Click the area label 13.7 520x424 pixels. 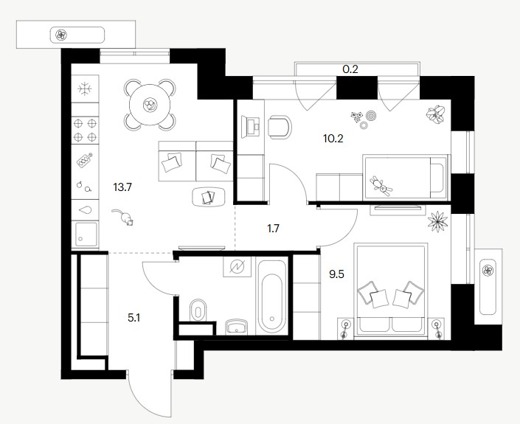(122, 187)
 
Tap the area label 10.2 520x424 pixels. (333, 139)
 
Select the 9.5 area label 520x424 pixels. (336, 274)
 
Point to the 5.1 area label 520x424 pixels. (134, 319)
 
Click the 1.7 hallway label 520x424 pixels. (273, 229)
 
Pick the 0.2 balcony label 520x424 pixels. (350, 69)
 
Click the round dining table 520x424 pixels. (150, 105)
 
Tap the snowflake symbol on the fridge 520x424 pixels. (85, 88)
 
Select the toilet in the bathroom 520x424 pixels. (198, 310)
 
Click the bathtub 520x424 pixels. (272, 296)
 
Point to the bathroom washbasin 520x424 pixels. (236, 326)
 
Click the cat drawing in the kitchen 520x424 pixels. (123, 218)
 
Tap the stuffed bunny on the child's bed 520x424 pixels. (381, 185)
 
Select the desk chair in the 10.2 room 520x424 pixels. (280, 127)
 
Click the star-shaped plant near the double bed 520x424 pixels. (437, 222)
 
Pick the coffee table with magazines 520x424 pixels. (209, 197)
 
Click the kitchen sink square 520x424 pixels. (86, 234)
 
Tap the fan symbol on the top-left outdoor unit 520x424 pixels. (60, 35)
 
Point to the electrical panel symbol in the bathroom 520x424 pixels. (237, 266)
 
